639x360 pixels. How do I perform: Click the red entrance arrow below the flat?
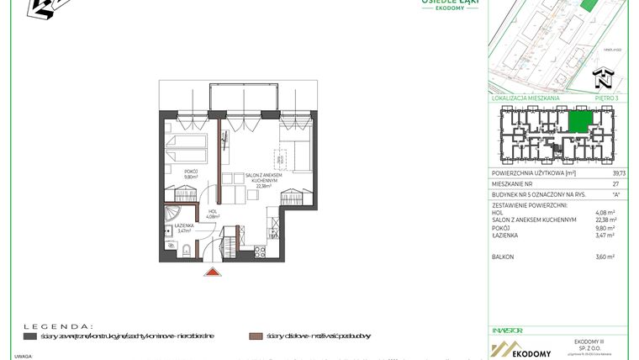[x=213, y=272]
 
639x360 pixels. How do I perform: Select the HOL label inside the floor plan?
[x=213, y=214]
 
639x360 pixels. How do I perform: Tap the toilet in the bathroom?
[x=168, y=240]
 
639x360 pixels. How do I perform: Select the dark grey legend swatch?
[x=30, y=336]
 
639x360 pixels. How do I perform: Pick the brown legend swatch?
[x=254, y=336]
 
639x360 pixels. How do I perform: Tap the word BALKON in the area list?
[x=502, y=257]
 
